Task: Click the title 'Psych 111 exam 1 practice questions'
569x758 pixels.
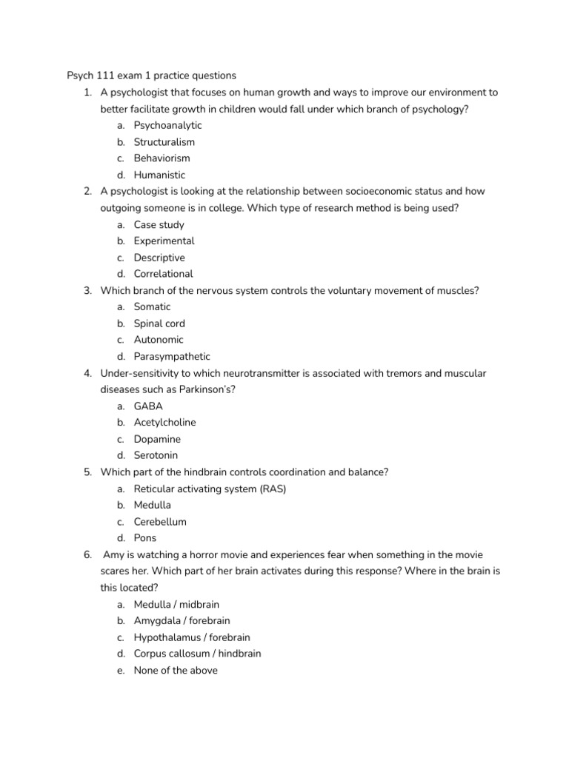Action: point(151,76)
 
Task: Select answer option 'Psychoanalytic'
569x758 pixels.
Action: point(167,125)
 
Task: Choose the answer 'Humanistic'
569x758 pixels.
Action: point(159,175)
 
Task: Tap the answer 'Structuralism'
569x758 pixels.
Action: point(164,141)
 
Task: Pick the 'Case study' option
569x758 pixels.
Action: point(159,224)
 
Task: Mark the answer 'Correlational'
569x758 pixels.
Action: point(163,274)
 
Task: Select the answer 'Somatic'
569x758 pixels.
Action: point(152,306)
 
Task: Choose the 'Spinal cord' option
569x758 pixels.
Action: point(159,323)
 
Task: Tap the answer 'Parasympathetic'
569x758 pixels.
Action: point(172,356)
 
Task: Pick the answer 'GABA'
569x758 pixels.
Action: point(148,406)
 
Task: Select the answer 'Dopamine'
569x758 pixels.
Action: point(157,439)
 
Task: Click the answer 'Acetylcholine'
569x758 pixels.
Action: point(164,423)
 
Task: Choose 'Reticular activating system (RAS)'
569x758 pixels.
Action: point(210,489)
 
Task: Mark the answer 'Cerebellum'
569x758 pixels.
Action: point(160,522)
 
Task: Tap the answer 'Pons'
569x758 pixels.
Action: point(145,538)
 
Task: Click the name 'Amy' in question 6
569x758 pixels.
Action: point(113,554)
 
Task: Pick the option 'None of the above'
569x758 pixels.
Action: point(176,671)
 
